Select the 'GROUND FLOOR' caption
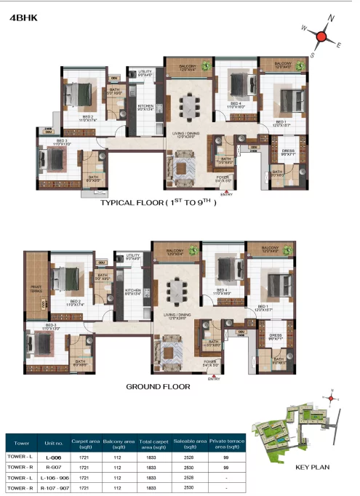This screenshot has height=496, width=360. [158, 387]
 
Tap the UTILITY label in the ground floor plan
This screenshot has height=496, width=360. [132, 257]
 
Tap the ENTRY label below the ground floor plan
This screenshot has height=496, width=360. [214, 379]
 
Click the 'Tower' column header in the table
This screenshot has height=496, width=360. [23, 441]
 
